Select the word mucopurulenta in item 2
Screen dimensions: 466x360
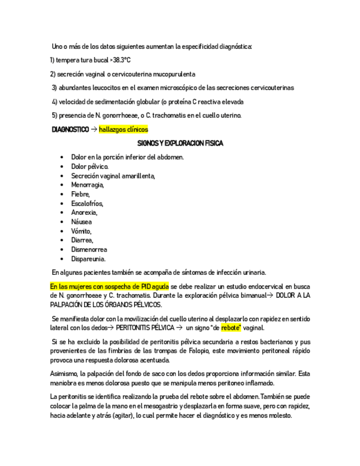click(x=171, y=74)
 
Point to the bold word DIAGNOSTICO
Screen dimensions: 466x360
click(x=70, y=130)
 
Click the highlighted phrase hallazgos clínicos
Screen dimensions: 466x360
click(x=124, y=130)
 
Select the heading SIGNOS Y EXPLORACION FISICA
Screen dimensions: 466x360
click(x=180, y=143)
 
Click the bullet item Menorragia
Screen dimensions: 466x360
click(x=87, y=185)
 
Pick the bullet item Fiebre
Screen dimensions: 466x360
click(x=80, y=194)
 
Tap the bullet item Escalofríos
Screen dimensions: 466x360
click(x=87, y=203)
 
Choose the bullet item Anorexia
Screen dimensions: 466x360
click(x=84, y=212)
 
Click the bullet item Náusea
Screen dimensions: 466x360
click(x=81, y=221)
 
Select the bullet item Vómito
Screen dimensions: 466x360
click(x=81, y=231)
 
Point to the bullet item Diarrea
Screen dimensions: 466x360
click(x=82, y=240)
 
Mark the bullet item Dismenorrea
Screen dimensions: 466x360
click(x=89, y=249)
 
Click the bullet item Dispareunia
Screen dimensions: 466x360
click(x=88, y=259)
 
